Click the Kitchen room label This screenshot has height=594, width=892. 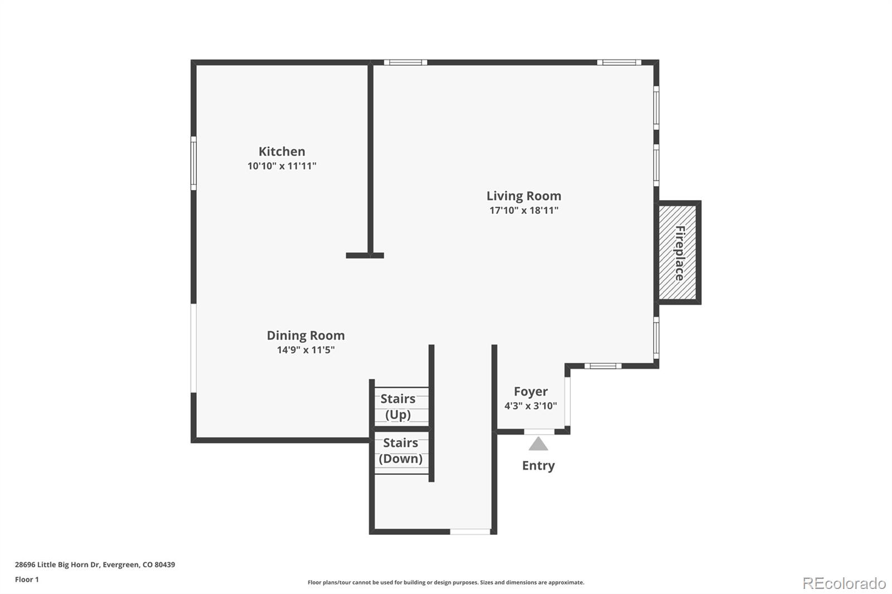pyautogui.click(x=282, y=152)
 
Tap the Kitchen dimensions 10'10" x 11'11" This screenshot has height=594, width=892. pyautogui.click(x=282, y=166)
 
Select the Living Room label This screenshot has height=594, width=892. pyautogui.click(x=523, y=196)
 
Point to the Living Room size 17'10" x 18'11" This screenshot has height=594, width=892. pyautogui.click(x=523, y=211)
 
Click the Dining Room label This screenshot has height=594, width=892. pyautogui.click(x=306, y=335)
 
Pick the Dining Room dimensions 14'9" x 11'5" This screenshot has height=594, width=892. pyautogui.click(x=306, y=350)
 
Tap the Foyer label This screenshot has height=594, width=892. pyautogui.click(x=530, y=392)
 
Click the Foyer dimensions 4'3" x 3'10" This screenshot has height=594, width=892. pyautogui.click(x=530, y=406)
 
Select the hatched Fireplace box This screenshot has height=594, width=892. pyautogui.click(x=678, y=252)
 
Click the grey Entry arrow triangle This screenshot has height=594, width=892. pyautogui.click(x=538, y=445)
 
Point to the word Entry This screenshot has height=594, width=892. pyautogui.click(x=538, y=466)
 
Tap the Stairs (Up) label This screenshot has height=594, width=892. pyautogui.click(x=398, y=407)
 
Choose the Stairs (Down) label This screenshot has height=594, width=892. pyautogui.click(x=400, y=451)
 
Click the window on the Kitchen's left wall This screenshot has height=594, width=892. pyautogui.click(x=193, y=163)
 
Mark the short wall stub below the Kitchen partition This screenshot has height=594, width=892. pyautogui.click(x=365, y=256)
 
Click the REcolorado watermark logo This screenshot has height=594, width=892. pyautogui.click(x=844, y=583)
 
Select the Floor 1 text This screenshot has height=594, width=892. pyautogui.click(x=27, y=580)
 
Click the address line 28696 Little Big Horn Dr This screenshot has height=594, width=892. pyautogui.click(x=95, y=564)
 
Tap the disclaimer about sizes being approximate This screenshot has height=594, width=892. pyautogui.click(x=446, y=582)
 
